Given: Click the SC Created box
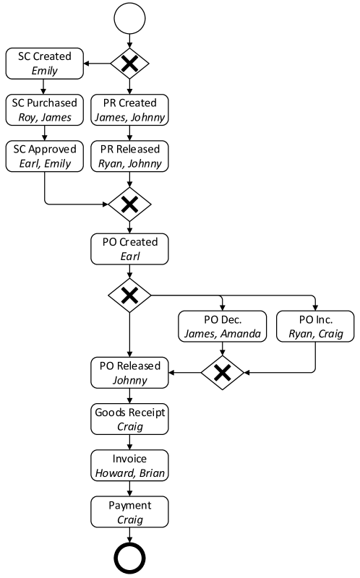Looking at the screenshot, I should (44, 64).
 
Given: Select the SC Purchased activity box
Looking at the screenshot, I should (44, 110).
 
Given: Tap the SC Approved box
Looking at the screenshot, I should (44, 156).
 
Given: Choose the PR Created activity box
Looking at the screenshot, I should (129, 110).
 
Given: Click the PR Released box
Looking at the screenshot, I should (129, 156).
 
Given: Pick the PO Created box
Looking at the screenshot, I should (129, 249).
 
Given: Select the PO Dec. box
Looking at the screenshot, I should (222, 326).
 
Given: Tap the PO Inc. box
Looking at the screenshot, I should (315, 326).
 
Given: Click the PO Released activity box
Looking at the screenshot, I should (129, 373).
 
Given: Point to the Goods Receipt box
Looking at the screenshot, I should (129, 419).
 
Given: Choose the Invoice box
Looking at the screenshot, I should (129, 465).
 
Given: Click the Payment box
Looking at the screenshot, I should (129, 512).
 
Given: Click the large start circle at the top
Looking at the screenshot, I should (129, 18).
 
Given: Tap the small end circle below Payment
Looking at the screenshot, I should (129, 558).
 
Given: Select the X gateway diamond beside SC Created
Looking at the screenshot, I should (129, 64).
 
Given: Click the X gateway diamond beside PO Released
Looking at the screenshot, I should (222, 373).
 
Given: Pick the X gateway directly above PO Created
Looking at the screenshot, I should (129, 205).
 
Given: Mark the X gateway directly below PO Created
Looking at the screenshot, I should (129, 295).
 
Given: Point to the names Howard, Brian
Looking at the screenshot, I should (129, 473).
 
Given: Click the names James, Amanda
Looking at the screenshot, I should (222, 333).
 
